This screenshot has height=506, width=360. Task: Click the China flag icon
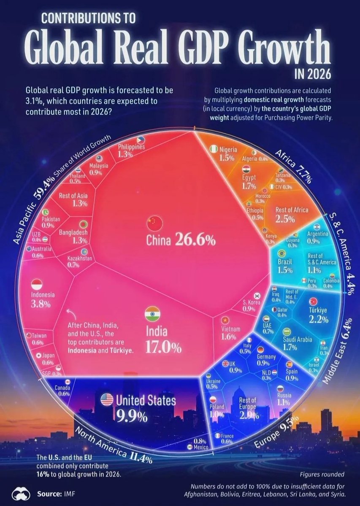coord(152,222)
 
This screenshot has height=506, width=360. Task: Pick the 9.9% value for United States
coord(132,417)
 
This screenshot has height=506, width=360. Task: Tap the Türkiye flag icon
coord(313,301)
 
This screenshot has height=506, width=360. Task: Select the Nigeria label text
coord(228,150)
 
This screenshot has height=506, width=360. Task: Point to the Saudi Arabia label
coord(298,339)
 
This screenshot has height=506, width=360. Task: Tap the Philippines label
coord(131,147)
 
